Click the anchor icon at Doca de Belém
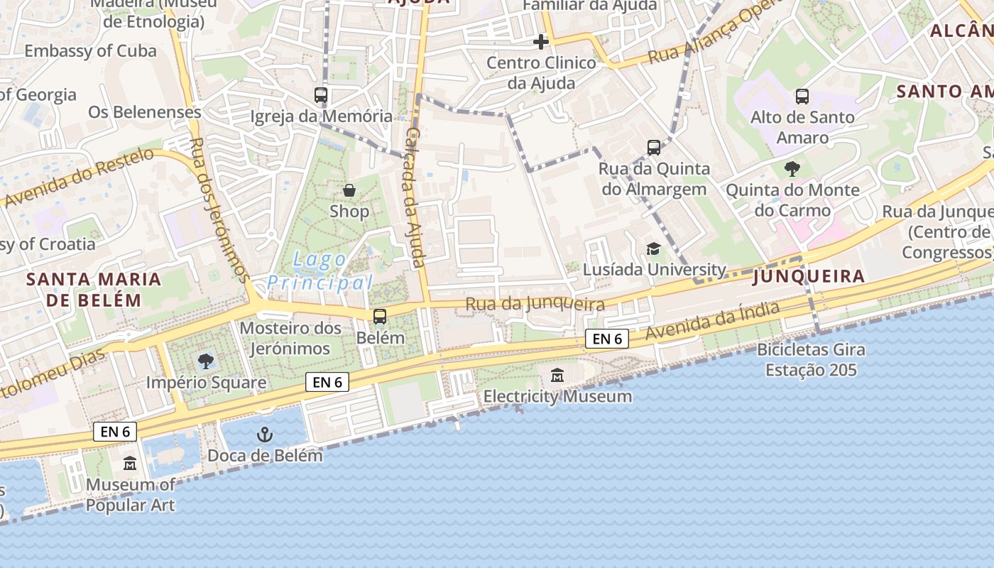pyautogui.click(x=265, y=435)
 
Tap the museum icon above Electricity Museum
pyautogui.click(x=557, y=376)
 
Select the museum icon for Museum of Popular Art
pyautogui.click(x=130, y=464)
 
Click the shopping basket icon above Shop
pyautogui.click(x=349, y=190)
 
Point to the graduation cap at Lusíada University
pyautogui.click(x=653, y=248)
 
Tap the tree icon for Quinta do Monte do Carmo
pyautogui.click(x=792, y=169)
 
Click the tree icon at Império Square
pyautogui.click(x=206, y=361)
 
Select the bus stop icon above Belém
pyautogui.click(x=380, y=317)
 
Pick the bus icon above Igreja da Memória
pyautogui.click(x=321, y=95)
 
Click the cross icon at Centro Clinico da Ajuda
pyautogui.click(x=541, y=42)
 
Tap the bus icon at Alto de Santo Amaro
pyautogui.click(x=802, y=97)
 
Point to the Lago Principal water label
pyautogui.click(x=320, y=271)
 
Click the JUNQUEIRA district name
pyautogui.click(x=809, y=276)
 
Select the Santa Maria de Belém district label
pyautogui.click(x=94, y=289)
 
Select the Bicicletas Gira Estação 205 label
pyautogui.click(x=811, y=360)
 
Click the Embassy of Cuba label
pyautogui.click(x=90, y=51)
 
